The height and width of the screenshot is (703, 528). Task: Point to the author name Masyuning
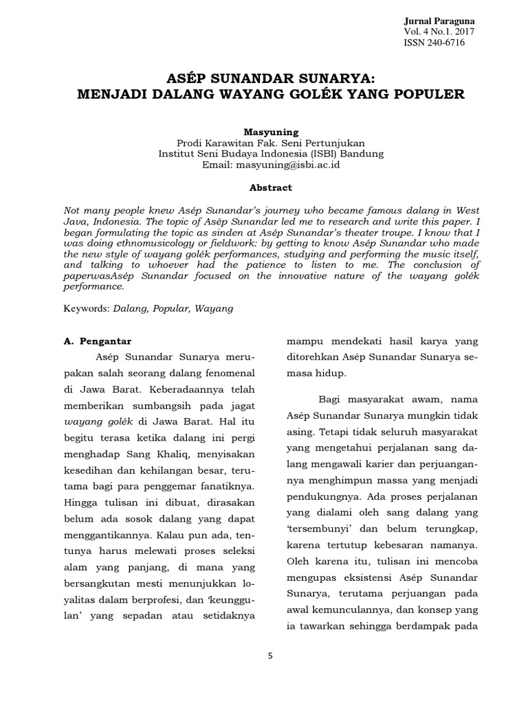271,131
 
